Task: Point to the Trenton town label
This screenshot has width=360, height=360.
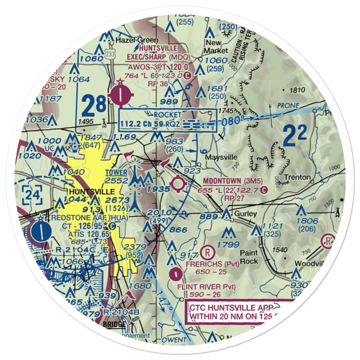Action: pyautogui.click(x=297, y=177)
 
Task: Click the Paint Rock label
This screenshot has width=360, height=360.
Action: pyautogui.click(x=249, y=257)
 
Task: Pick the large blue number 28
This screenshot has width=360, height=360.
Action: pyautogui.click(x=94, y=104)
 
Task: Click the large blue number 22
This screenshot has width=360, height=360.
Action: pyautogui.click(x=294, y=136)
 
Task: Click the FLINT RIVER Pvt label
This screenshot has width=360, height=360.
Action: pyautogui.click(x=207, y=287)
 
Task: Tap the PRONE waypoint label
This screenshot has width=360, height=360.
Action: pyautogui.click(x=288, y=105)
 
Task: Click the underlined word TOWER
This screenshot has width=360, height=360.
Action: pyautogui.click(x=116, y=172)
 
